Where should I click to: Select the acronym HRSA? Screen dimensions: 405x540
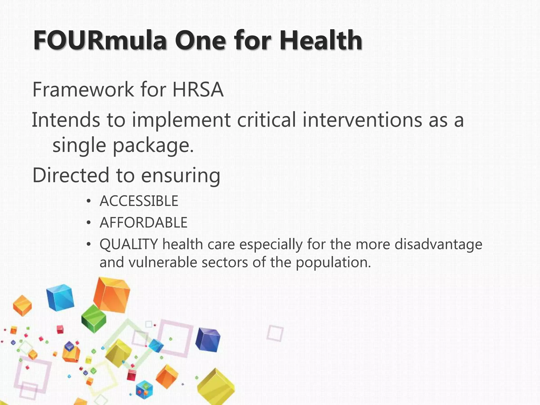[198, 90]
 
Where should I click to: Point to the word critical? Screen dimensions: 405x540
[266, 120]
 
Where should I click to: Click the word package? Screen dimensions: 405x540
[153, 146]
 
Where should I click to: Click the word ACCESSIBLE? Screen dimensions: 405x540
[139, 201]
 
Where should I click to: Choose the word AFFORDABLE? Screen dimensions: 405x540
[143, 223]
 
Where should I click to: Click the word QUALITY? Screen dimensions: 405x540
[129, 245]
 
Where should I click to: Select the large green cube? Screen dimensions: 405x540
[94, 318]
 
